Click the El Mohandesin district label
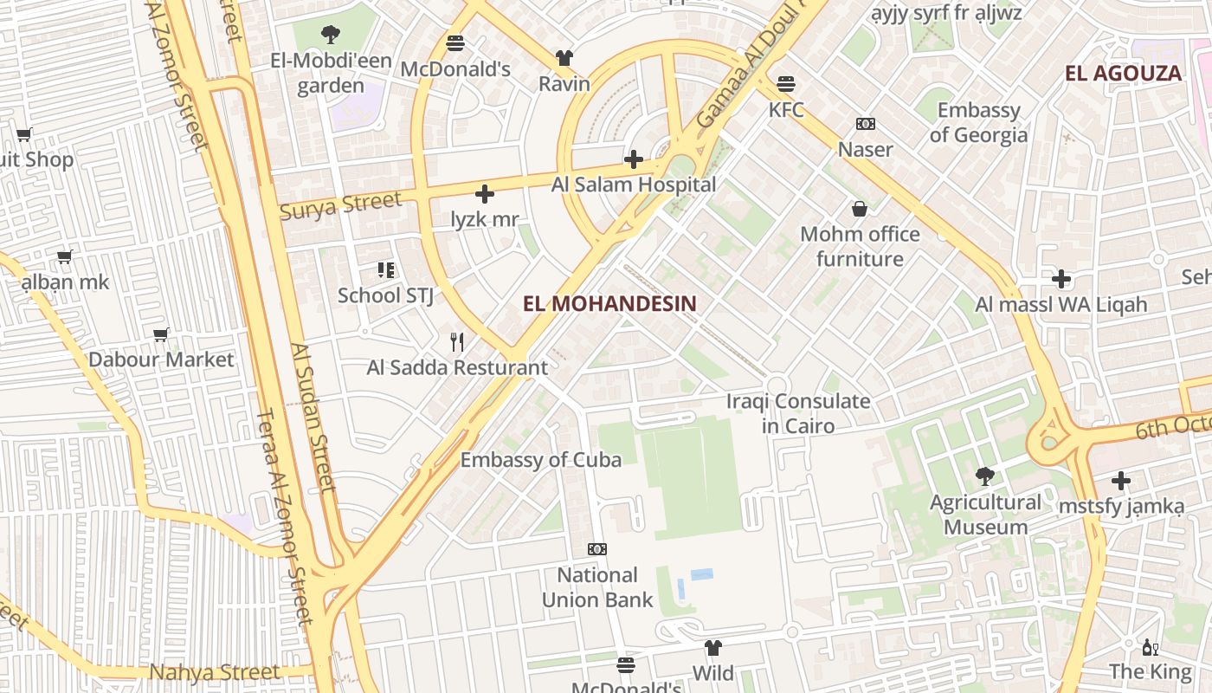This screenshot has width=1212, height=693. click(609, 303)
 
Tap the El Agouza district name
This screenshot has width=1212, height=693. click(1123, 74)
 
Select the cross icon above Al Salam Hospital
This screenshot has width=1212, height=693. click(634, 159)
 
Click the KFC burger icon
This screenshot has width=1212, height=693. click(786, 84)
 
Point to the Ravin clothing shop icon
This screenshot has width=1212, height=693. click(564, 58)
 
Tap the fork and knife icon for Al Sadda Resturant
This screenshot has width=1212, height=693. click(457, 342)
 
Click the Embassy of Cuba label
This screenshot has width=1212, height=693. click(540, 460)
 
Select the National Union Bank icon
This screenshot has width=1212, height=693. click(596, 549)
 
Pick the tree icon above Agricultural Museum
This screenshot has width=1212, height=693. click(984, 476)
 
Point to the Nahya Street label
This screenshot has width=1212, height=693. click(215, 672)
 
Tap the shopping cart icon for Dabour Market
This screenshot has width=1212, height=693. click(160, 334)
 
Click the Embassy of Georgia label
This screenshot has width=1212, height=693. click(978, 123)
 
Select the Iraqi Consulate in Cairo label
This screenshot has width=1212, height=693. click(798, 413)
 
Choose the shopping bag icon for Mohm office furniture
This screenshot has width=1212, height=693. click(860, 209)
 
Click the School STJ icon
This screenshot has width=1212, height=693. click(385, 270)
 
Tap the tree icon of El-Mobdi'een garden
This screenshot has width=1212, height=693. click(330, 35)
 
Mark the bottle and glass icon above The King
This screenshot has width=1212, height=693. click(1151, 647)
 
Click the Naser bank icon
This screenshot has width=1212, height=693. click(865, 124)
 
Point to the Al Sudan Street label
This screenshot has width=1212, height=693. click(313, 418)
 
